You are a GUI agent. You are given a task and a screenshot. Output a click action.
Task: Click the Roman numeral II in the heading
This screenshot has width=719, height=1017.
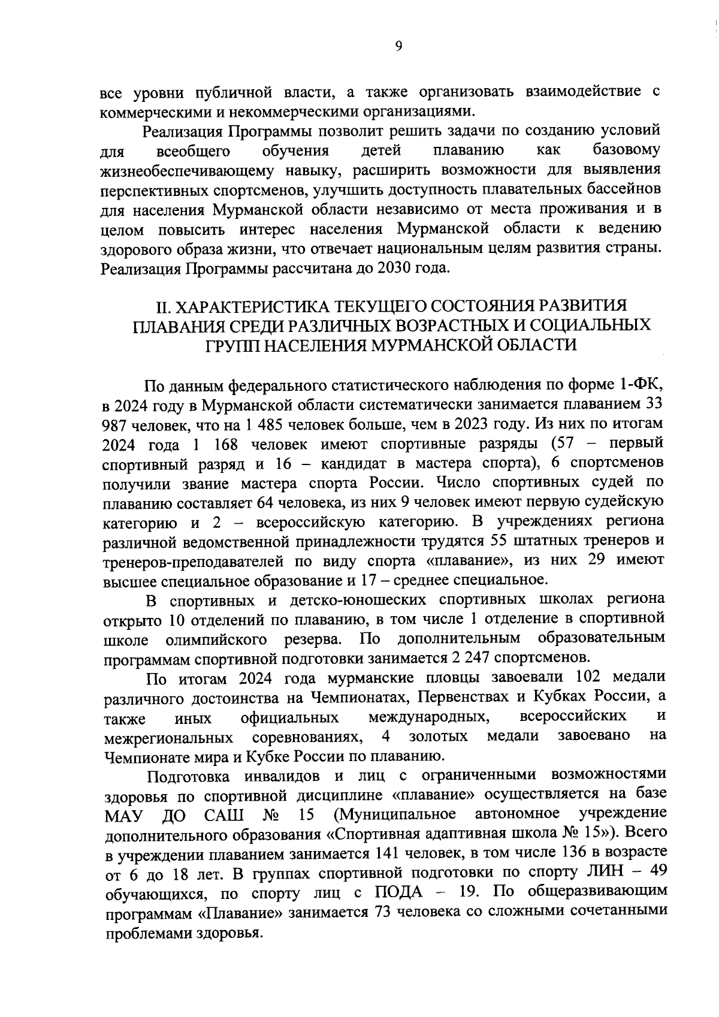[162, 306]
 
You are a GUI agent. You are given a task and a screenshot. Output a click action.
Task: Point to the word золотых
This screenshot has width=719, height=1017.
[439, 735]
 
